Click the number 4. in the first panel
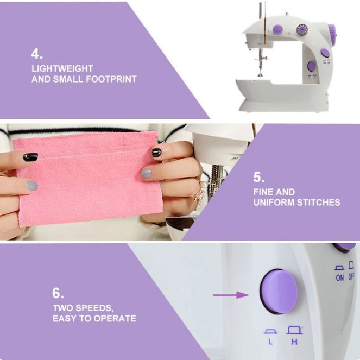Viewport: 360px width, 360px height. pos(37,54)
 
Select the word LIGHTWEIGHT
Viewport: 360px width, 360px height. pos(62,68)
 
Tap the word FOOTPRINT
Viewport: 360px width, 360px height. pos(111,79)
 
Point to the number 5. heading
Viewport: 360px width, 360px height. pos(259,177)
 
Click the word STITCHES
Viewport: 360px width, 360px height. pos(318,203)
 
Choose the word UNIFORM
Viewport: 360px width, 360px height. pos(274,203)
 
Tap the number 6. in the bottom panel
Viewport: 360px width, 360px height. pos(58,293)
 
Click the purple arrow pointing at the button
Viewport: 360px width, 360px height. pos(231,295)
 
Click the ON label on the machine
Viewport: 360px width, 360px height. pos(339,278)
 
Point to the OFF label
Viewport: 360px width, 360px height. pos(351,276)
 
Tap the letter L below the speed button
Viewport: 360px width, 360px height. pos(270,342)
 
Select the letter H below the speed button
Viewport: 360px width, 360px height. pos(294,342)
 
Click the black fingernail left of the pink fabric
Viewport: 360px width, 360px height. pos(30,157)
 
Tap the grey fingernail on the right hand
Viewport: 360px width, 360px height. pos(146,174)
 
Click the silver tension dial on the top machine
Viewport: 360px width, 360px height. pos(302,30)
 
